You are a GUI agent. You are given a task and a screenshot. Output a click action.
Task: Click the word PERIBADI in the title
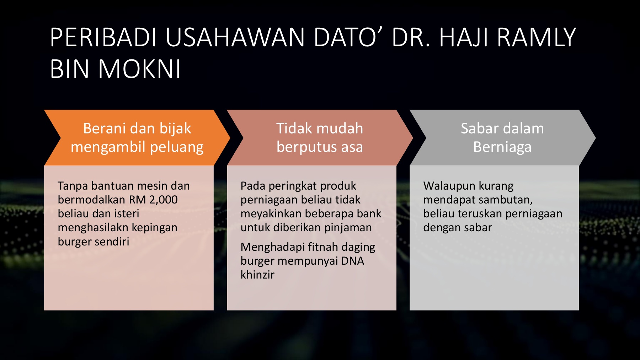[x=103, y=37]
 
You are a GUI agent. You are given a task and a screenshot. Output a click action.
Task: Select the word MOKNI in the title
[x=139, y=69]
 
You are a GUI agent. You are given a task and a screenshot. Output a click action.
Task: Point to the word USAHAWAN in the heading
[x=235, y=37]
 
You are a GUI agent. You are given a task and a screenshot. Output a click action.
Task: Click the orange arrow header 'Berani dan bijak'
[x=137, y=138]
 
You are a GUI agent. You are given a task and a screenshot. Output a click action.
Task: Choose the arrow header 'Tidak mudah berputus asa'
[x=320, y=138]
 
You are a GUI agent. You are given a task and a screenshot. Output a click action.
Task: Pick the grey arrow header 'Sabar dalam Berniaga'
[x=502, y=138]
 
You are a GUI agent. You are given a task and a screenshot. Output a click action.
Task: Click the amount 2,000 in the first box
[x=163, y=200]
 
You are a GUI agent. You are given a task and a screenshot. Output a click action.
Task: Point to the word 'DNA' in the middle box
[x=353, y=261]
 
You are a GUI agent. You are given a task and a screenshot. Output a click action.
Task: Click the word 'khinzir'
[x=257, y=275]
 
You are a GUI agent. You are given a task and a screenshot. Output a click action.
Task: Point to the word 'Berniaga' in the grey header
[x=502, y=147]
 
